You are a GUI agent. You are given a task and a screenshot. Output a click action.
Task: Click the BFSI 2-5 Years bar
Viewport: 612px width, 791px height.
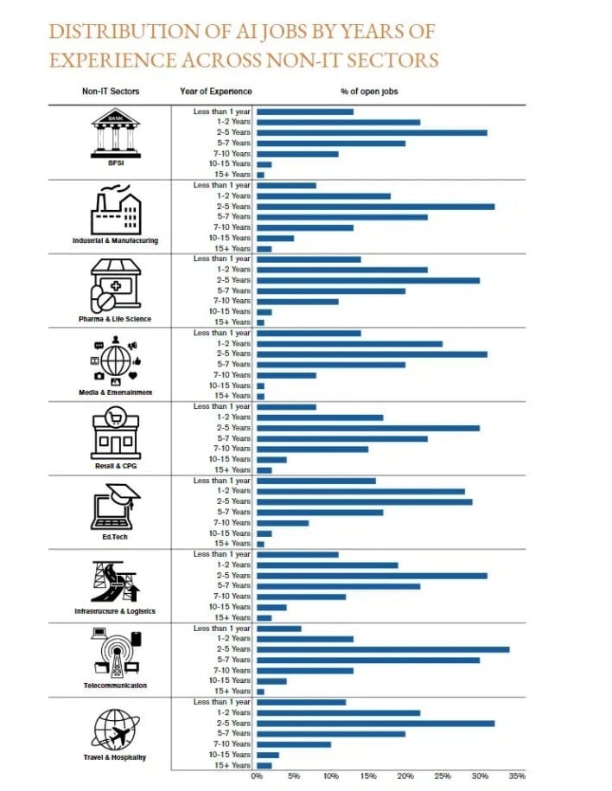point(372,132)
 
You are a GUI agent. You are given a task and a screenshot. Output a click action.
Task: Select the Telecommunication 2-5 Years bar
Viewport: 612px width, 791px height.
point(383,649)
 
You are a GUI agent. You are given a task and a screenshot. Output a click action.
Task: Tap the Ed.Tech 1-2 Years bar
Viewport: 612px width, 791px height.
point(360,491)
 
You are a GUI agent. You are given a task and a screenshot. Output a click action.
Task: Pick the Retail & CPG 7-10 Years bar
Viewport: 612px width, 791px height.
point(312,449)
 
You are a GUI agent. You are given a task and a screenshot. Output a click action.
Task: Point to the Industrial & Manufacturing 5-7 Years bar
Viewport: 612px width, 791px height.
point(342,217)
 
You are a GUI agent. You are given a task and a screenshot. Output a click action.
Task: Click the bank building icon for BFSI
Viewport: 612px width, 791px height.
point(116,131)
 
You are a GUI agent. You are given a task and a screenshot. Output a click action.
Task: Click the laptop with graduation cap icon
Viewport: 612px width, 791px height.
point(116,507)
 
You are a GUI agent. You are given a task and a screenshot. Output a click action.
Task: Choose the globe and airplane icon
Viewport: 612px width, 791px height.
point(116,729)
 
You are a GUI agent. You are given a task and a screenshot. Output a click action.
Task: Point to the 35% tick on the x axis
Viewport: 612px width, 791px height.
point(517,776)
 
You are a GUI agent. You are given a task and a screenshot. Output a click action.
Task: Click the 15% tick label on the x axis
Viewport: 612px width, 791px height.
point(368,776)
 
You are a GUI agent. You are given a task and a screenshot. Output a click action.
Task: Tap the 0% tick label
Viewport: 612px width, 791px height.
point(257,776)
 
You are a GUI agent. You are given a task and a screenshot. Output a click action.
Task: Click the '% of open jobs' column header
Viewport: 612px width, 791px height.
point(369,91)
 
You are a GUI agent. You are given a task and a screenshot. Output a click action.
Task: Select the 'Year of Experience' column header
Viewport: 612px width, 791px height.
point(216,91)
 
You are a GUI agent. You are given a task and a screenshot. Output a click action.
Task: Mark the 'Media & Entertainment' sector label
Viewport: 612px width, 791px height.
point(116,392)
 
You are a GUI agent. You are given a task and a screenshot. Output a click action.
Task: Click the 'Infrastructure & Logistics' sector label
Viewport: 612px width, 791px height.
point(116,611)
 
